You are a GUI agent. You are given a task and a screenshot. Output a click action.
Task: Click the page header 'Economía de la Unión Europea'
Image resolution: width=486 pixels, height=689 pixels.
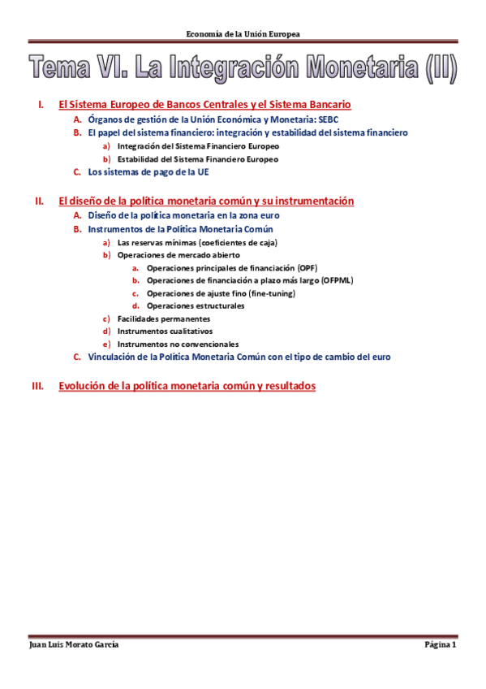pyautogui.click(x=243, y=34)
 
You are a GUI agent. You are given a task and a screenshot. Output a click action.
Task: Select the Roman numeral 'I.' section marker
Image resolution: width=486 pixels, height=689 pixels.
pyautogui.click(x=41, y=106)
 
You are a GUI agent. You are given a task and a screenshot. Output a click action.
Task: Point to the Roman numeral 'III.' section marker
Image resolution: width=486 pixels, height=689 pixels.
pyautogui.click(x=37, y=387)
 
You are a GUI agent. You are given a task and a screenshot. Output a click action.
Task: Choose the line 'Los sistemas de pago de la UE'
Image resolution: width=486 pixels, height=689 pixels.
pyautogui.click(x=148, y=172)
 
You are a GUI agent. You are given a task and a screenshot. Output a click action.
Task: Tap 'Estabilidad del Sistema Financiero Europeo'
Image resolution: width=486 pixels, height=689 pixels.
pyautogui.click(x=197, y=159)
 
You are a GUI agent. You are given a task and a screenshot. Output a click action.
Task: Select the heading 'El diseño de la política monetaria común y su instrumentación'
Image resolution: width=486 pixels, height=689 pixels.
pyautogui.click(x=206, y=201)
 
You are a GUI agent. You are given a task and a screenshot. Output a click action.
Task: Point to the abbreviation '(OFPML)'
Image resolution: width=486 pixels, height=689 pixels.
pyautogui.click(x=338, y=280)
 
